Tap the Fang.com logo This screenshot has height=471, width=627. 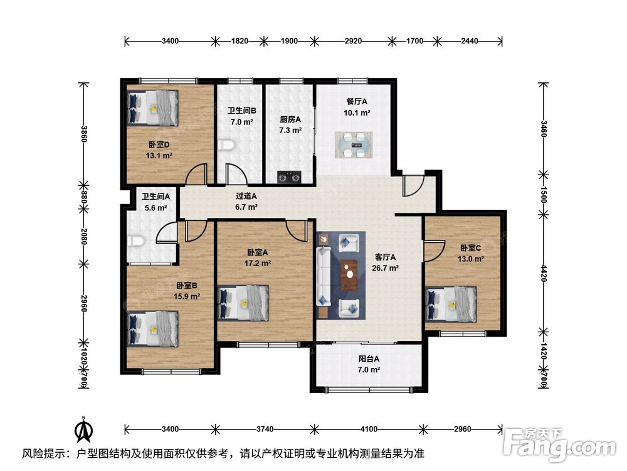(x=560, y=443)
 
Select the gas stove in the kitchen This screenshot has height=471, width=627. (x=289, y=176)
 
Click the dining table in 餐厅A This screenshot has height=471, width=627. (x=354, y=145)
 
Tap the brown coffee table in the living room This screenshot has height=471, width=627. (x=349, y=274)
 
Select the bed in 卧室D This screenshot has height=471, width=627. (x=153, y=108)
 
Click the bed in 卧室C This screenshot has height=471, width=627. (x=451, y=305)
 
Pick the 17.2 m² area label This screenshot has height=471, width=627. (x=258, y=264)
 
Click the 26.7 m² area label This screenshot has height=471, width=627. (x=385, y=268)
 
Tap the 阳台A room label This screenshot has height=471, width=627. (x=369, y=359)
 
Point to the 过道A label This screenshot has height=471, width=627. (x=246, y=196)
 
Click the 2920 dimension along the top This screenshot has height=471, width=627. (x=354, y=41)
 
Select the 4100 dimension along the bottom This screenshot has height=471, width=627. (x=369, y=430)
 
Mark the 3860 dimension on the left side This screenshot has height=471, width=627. (x=84, y=134)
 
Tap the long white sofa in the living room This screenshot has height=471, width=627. (x=324, y=276)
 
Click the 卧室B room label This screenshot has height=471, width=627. (x=187, y=286)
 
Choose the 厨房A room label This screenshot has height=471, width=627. (x=290, y=119)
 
